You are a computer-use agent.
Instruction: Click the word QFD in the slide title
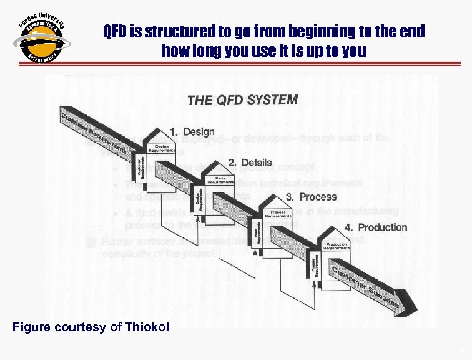[114, 31]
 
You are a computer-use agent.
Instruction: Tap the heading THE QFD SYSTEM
[242, 99]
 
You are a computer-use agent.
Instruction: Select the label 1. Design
[192, 132]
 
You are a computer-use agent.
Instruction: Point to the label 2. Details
[250, 162]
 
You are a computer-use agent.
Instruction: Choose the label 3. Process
[311, 196]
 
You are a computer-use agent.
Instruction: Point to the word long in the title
[204, 50]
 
